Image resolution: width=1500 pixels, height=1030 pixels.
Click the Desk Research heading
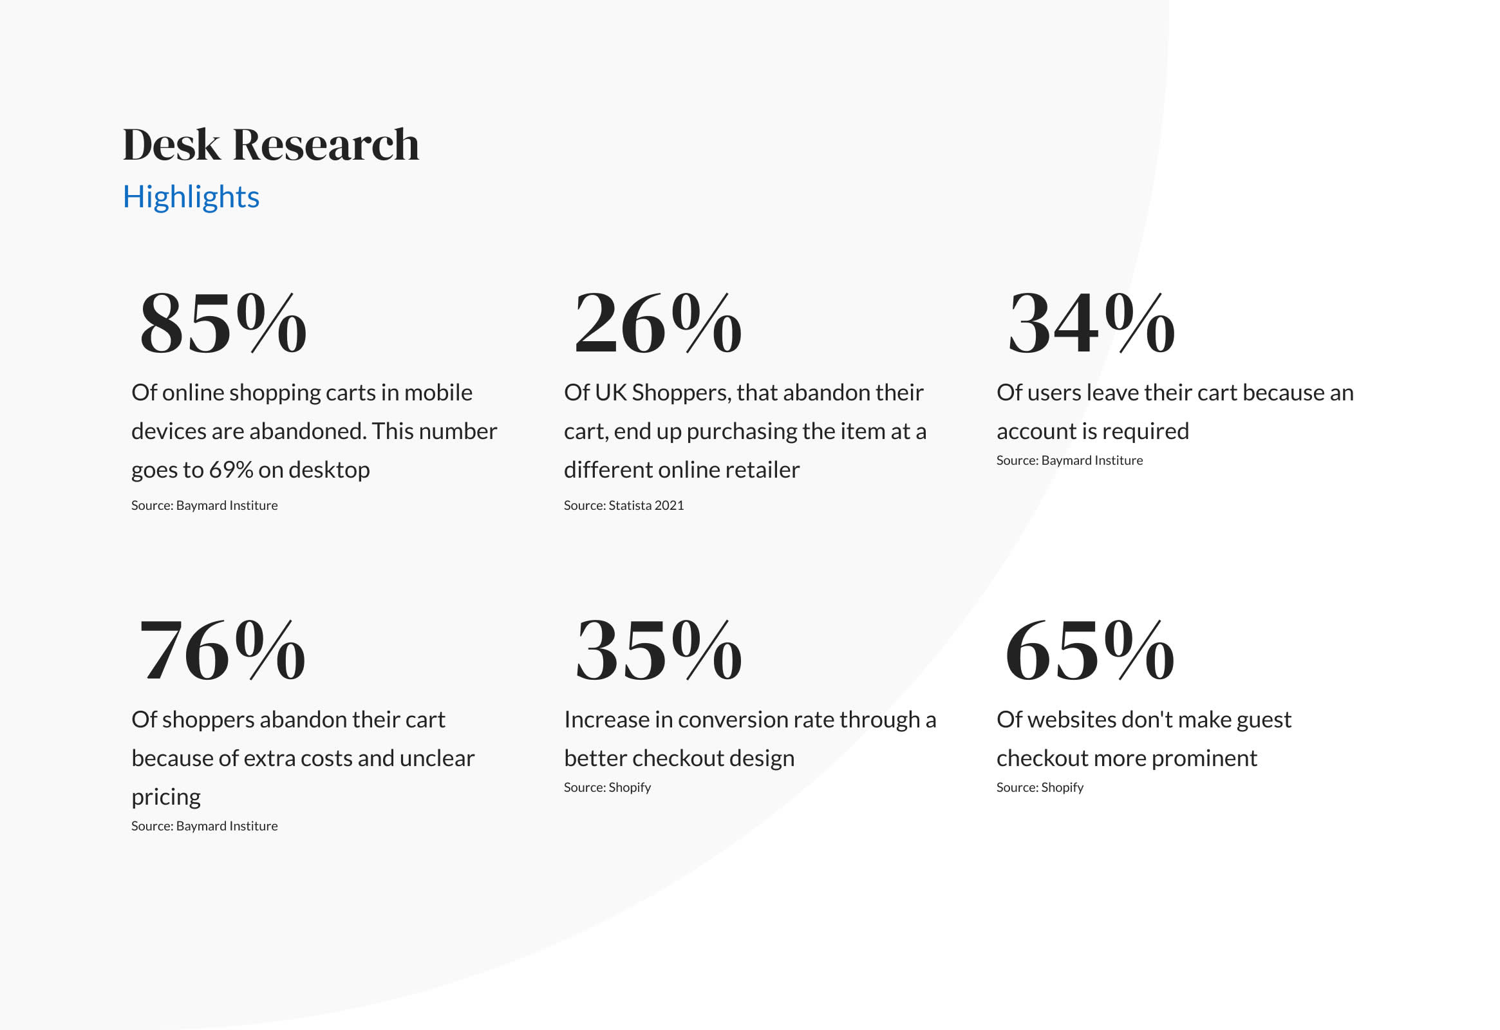[271, 144]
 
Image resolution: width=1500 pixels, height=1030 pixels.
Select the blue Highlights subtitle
[191, 197]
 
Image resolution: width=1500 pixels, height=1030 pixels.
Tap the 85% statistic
[223, 323]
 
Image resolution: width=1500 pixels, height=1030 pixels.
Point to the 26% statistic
[659, 323]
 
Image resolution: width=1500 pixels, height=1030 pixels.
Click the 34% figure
[1091, 323]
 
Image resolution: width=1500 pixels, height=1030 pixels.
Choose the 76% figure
[223, 650]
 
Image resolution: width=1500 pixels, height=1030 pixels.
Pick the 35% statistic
[659, 650]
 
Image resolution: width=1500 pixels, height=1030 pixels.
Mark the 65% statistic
[1090, 650]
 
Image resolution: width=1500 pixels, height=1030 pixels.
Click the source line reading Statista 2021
[623, 505]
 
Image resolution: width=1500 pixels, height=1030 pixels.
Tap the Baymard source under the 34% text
[1069, 460]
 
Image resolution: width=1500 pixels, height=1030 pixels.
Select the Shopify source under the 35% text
[607, 787]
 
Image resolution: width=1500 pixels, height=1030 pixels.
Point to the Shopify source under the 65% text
[1040, 787]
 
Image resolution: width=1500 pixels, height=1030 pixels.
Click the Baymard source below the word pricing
[205, 826]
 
